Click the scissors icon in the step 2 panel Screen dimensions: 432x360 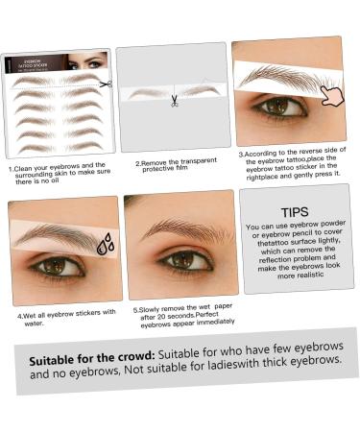pyautogui.click(x=174, y=100)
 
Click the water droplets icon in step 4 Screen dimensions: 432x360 pyautogui.click(x=105, y=244)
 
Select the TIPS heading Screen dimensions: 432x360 pyautogui.click(x=295, y=211)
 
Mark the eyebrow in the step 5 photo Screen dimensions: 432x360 pyautogui.click(x=178, y=229)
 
